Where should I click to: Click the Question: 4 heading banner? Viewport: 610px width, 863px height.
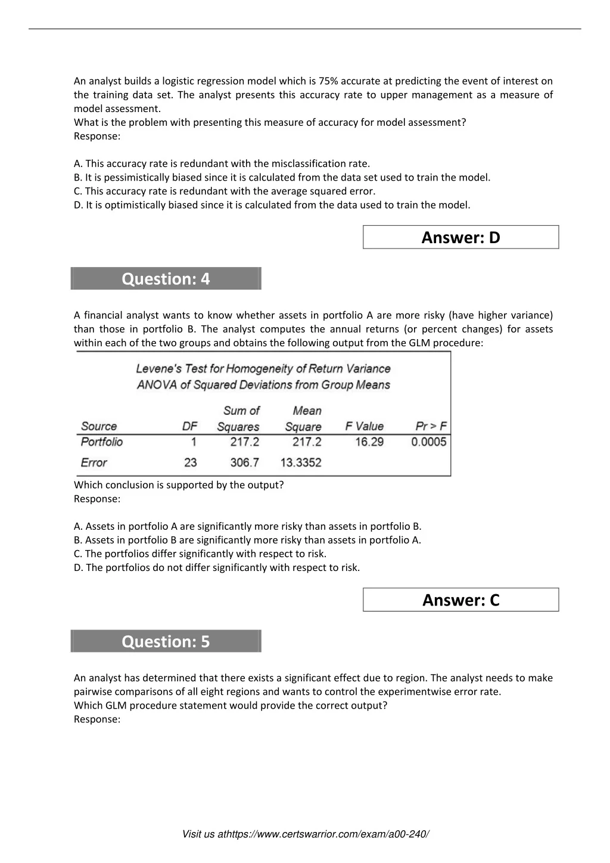point(166,279)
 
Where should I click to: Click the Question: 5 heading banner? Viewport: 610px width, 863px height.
point(166,641)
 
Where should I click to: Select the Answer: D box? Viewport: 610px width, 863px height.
point(460,237)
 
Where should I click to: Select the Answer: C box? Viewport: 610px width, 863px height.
point(460,600)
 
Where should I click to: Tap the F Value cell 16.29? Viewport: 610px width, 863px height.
point(369,442)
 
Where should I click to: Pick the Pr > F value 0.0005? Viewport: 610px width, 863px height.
point(428,442)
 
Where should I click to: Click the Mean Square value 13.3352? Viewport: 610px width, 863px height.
point(301,462)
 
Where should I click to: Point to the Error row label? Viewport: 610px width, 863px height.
point(94,462)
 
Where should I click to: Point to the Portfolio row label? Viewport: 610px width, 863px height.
point(102,442)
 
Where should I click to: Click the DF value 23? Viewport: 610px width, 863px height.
point(191,462)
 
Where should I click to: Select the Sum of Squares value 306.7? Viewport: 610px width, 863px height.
point(244,462)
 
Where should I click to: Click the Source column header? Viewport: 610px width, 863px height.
point(99,427)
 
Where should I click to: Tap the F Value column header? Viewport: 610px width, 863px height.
point(365,427)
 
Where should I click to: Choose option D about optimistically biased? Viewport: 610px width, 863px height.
point(272,205)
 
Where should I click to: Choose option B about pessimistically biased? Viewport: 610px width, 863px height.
point(282,178)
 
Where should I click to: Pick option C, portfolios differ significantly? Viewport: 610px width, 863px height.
point(200,554)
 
